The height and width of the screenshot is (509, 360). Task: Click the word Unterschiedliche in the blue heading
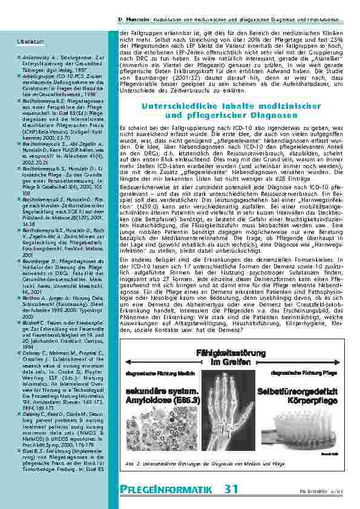click(175, 106)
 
